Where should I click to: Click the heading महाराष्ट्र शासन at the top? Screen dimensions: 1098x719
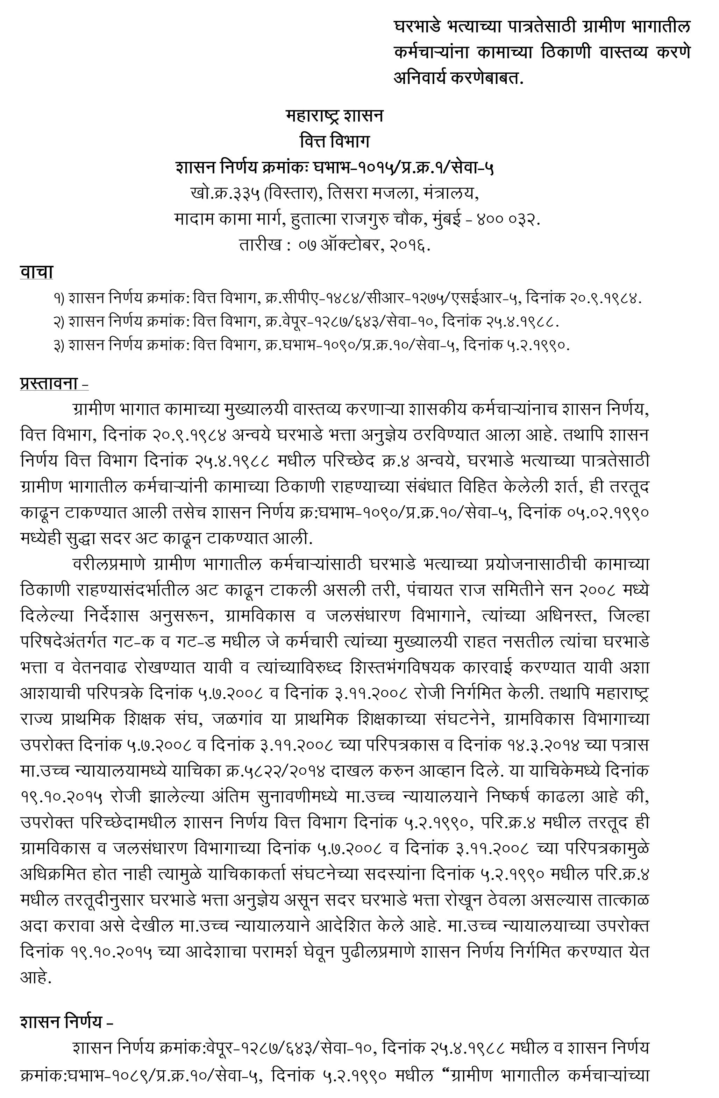334,115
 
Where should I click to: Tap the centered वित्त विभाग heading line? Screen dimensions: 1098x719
334,141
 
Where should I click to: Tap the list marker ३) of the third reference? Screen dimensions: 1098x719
58,346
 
